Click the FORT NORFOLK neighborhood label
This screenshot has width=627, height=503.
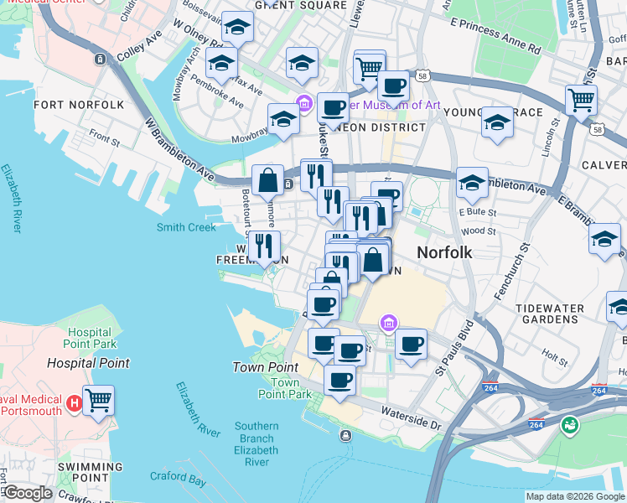click(79, 105)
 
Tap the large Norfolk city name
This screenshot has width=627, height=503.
click(444, 252)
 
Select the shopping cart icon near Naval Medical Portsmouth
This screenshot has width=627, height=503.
click(98, 400)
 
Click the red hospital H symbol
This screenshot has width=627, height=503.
click(74, 402)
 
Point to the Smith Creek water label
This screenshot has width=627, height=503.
click(186, 227)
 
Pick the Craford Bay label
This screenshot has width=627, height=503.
click(178, 479)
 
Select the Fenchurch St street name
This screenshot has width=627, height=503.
click(511, 268)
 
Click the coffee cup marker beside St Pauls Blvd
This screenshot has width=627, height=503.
click(411, 344)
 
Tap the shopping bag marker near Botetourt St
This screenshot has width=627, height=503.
click(267, 179)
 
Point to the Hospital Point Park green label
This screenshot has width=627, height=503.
click(90, 338)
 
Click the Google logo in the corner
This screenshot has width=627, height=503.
click(27, 493)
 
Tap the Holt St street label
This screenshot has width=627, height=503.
click(555, 354)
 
